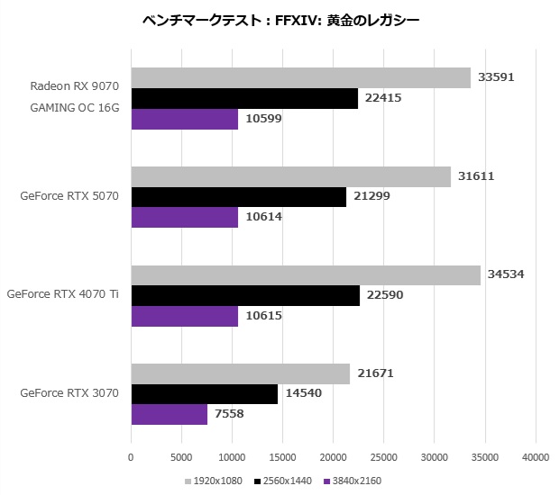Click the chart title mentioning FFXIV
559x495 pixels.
[x=280, y=19]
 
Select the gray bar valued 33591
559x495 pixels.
[x=300, y=78]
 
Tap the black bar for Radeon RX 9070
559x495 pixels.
[x=244, y=99]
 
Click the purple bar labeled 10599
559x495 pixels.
[x=185, y=120]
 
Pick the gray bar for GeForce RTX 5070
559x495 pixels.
[x=290, y=176]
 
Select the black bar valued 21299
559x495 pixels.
[x=239, y=197]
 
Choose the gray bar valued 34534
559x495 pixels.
[x=306, y=275]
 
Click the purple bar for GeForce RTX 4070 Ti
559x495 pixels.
[x=185, y=317]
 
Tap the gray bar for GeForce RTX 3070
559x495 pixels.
[x=241, y=373]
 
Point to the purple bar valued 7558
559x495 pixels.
[x=170, y=415]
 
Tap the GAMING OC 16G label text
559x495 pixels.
[x=75, y=108]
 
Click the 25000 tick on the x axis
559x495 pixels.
[x=384, y=456]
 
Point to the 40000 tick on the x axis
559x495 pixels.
[x=536, y=456]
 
